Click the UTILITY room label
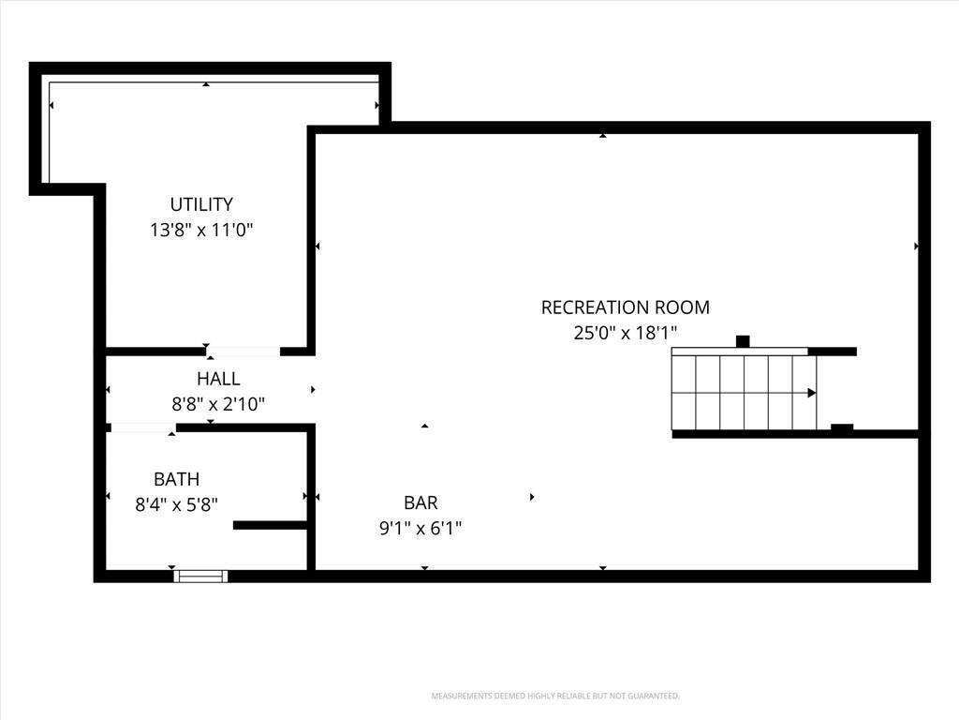(201, 203)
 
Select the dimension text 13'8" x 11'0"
(201, 231)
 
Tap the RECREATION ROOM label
(625, 307)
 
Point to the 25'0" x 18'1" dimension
(625, 333)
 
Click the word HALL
(218, 379)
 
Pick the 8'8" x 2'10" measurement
(218, 404)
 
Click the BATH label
(176, 479)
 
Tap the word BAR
(420, 502)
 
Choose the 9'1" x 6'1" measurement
(420, 528)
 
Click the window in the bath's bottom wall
(200, 577)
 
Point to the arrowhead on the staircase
(812, 393)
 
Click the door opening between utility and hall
(243, 352)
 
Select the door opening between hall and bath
(142, 427)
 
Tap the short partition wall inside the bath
(270, 525)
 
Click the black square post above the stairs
(743, 341)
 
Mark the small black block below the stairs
(842, 427)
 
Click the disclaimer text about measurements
(555, 697)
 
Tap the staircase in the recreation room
(744, 393)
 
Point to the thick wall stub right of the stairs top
(833, 352)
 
